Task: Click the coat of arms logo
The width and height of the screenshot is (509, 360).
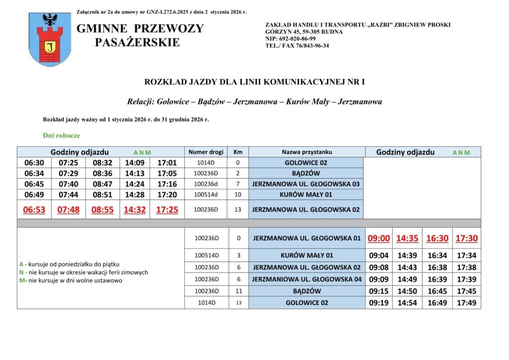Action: [x=50, y=39]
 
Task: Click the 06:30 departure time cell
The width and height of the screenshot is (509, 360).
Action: [x=34, y=163]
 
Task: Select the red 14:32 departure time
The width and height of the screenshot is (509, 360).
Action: [x=135, y=210]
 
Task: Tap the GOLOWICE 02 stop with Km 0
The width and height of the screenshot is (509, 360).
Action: [x=306, y=163]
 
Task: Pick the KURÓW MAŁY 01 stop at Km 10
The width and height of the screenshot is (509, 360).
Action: [x=306, y=194]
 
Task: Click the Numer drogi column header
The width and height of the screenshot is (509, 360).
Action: [x=206, y=152]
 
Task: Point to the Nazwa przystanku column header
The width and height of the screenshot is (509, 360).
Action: [x=306, y=152]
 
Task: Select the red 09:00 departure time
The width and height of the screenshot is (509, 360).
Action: [x=379, y=239]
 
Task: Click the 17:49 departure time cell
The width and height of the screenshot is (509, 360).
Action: [x=466, y=302]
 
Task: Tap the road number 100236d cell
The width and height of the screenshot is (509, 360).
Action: [x=206, y=184]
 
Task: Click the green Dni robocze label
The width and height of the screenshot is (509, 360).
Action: [x=62, y=135]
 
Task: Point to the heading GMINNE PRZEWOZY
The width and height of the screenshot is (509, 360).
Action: [x=140, y=28]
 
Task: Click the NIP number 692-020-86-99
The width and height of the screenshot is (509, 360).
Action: [x=291, y=39]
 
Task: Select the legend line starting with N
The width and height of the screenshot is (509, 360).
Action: [x=83, y=272]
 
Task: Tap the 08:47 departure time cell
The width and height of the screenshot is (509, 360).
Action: [x=102, y=184]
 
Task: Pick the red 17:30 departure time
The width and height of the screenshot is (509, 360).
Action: [x=466, y=239]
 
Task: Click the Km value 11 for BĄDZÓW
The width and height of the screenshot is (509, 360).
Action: [x=238, y=291]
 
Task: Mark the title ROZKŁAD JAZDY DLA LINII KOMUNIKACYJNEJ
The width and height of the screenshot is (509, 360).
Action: [x=254, y=81]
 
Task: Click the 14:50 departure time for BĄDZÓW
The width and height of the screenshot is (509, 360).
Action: [x=407, y=291]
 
